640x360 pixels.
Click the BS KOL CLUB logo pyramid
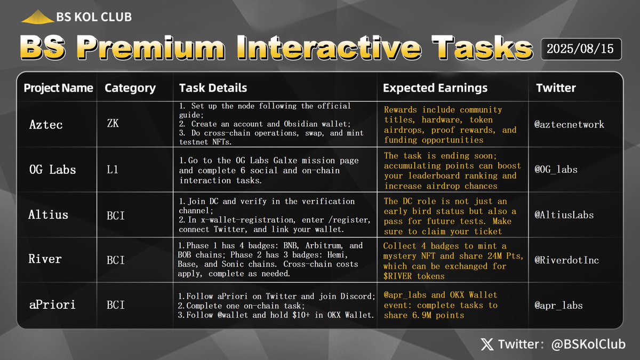click(37, 17)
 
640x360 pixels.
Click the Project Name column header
click(58, 88)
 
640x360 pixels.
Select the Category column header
click(130, 88)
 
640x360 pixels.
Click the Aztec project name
click(46, 125)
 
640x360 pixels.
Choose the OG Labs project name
click(52, 170)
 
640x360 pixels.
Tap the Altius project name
click(49, 215)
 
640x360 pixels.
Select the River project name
click(45, 259)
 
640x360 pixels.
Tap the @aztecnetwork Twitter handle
click(570, 124)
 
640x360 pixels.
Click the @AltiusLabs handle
click(564, 215)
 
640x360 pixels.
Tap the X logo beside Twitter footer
click(487, 345)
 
